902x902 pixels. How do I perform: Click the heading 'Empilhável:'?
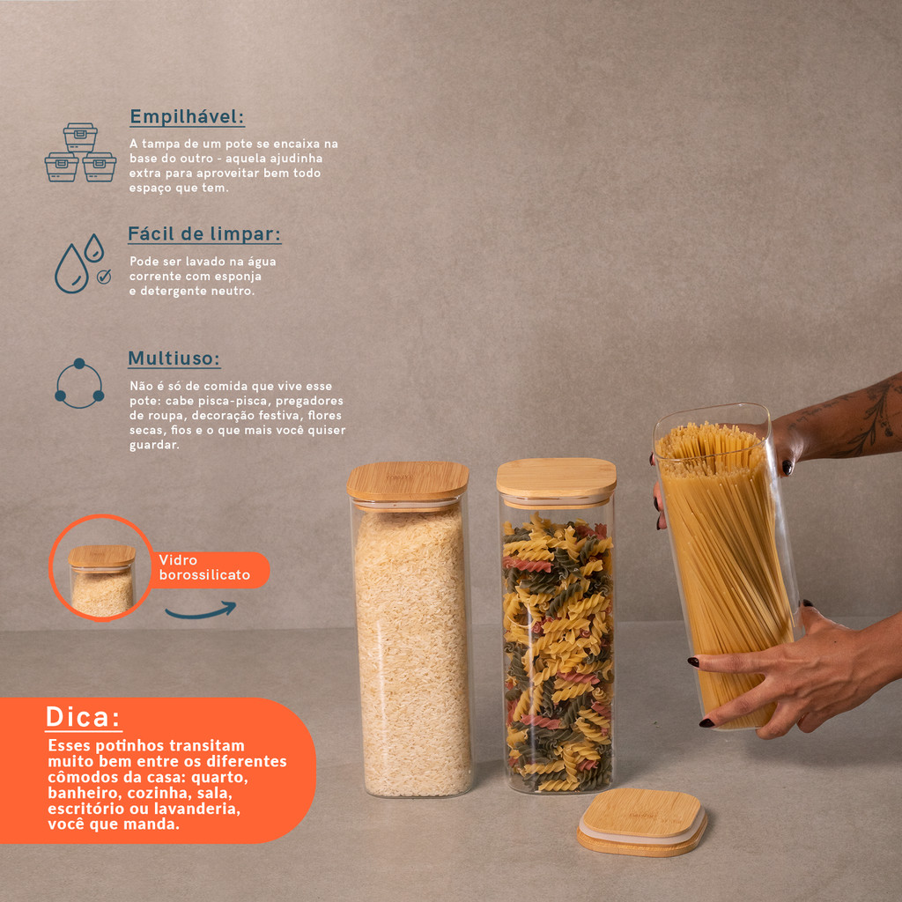pyautogui.click(x=187, y=117)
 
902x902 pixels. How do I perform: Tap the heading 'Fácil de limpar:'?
pyautogui.click(x=204, y=234)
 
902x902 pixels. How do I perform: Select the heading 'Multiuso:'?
pyautogui.click(x=174, y=359)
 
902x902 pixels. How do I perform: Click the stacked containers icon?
pyautogui.click(x=80, y=152)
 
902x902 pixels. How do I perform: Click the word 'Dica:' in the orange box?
pyautogui.click(x=83, y=717)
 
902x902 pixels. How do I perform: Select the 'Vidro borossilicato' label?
pyautogui.click(x=204, y=567)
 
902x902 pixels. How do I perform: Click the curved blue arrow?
pyautogui.click(x=200, y=611)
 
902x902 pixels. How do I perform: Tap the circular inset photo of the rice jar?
pyautogui.click(x=101, y=568)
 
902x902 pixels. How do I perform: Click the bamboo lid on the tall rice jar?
pyautogui.click(x=408, y=482)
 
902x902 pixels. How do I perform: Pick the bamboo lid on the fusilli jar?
pyautogui.click(x=557, y=478)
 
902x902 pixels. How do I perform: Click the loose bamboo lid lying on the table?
pyautogui.click(x=642, y=822)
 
